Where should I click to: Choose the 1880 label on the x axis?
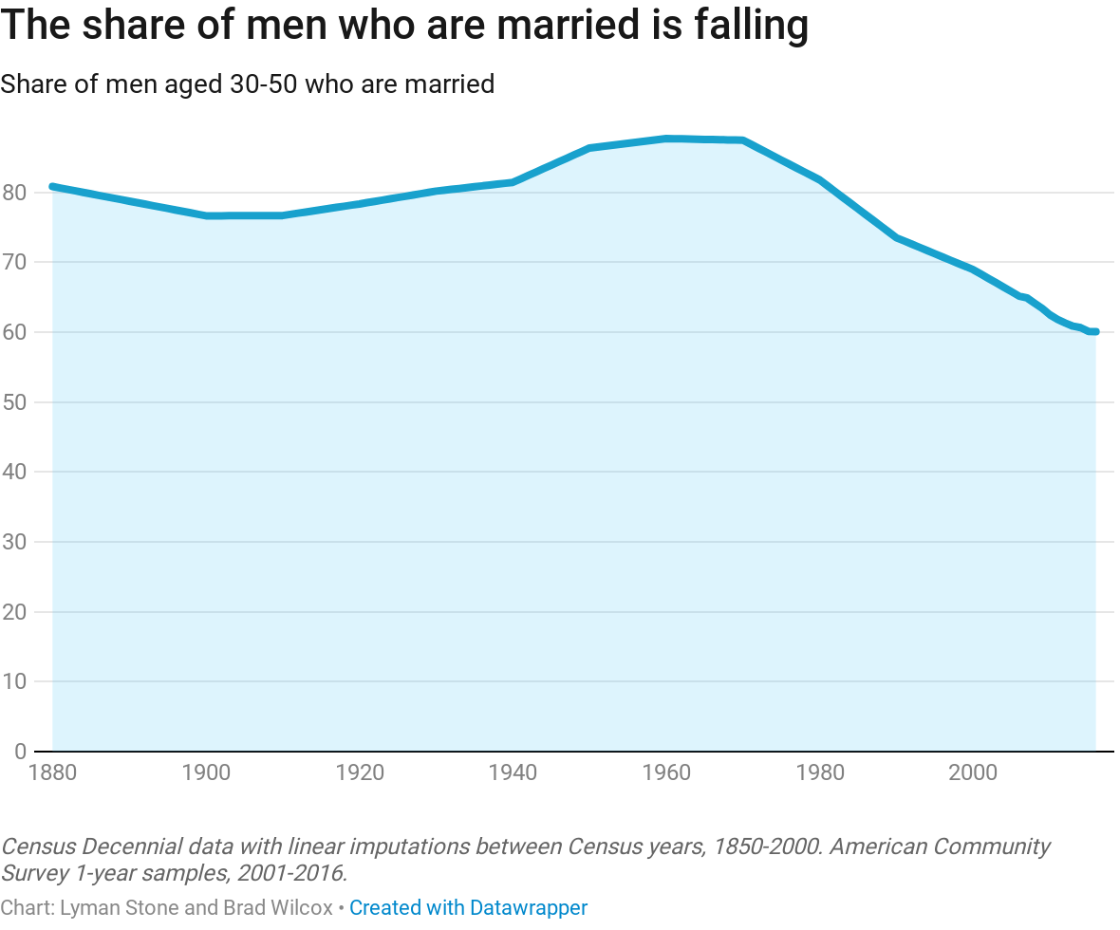[52, 772]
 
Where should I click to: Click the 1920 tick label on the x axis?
[360, 772]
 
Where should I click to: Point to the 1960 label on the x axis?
[666, 772]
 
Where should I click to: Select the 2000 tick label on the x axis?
[973, 772]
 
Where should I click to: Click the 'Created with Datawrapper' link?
[468, 908]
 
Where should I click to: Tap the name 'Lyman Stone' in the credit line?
[119, 908]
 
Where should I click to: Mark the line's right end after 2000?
[1094, 331]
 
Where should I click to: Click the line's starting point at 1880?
[52, 186]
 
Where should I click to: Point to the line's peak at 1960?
[666, 139]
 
